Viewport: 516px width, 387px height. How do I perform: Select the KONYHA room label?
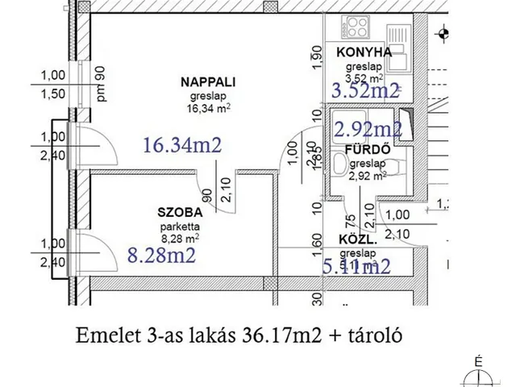tap(359, 52)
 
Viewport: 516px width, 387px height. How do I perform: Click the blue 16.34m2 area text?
tap(182, 145)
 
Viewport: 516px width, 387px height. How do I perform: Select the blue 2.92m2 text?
tap(368, 128)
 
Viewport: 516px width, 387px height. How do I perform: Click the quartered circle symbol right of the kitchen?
tap(443, 33)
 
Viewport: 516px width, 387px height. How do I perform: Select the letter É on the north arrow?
tap(479, 362)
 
